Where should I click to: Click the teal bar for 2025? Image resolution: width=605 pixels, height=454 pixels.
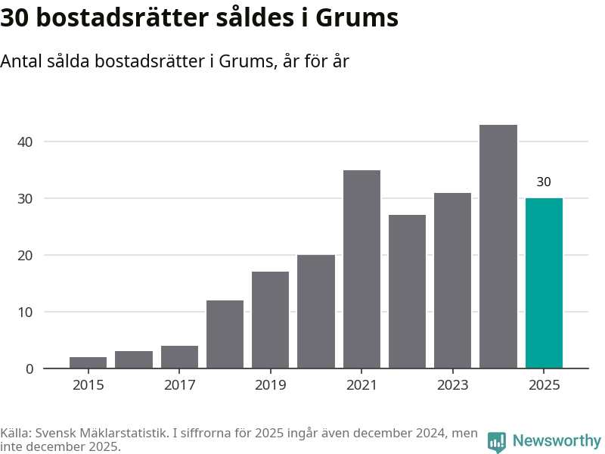point(544,283)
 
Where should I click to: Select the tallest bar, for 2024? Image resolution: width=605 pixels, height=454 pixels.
point(498,247)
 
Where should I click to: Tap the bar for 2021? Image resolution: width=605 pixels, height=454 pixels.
point(361,269)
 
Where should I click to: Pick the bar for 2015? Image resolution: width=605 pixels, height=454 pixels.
point(88,362)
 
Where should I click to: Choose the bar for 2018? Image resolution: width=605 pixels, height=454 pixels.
point(225,334)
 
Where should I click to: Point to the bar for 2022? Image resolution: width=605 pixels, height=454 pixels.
point(407,292)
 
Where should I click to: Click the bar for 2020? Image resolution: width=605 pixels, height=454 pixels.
point(316,312)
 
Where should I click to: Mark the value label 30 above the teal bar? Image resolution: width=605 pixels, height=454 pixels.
point(544,182)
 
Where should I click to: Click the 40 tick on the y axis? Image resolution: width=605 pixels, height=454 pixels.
point(27,141)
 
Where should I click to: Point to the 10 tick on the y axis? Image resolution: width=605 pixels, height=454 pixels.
point(27,312)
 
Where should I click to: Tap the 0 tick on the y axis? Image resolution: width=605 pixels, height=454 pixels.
point(30,368)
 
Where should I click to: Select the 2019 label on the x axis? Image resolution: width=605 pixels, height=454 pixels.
point(271,385)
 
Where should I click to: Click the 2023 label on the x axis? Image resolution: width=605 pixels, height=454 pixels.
point(452,385)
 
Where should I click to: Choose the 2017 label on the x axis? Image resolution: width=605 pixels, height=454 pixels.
point(179,385)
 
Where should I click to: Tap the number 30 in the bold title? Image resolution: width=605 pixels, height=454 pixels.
point(14,18)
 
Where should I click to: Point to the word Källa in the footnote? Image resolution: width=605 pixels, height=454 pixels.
point(15,434)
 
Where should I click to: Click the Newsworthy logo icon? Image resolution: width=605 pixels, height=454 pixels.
point(497,441)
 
